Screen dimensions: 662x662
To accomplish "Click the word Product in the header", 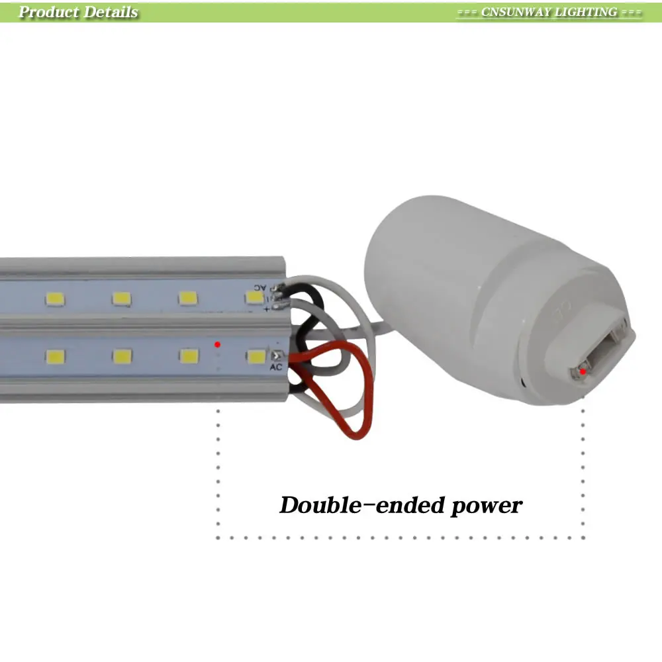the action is [x=46, y=12].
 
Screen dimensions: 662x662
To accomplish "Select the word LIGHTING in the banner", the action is [x=586, y=12].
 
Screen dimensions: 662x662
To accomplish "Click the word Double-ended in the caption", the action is [x=361, y=506].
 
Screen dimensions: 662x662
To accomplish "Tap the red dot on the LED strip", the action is [x=218, y=344].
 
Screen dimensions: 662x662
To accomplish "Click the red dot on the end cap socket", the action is [x=583, y=371].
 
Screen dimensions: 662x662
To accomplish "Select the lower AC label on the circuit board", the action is [x=276, y=367].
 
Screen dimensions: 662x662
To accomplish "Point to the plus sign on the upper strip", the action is [x=265, y=309].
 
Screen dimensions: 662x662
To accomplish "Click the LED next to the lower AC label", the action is [x=256, y=357].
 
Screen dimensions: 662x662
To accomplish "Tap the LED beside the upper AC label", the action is [x=254, y=299].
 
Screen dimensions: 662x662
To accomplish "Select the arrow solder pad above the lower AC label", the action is [x=275, y=356].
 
